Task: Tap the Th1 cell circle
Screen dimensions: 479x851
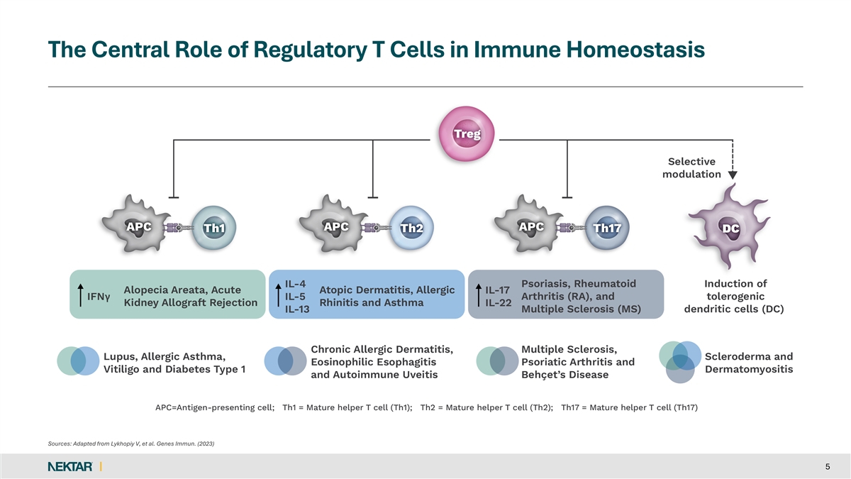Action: point(213,227)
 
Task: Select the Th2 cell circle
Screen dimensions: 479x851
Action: point(411,227)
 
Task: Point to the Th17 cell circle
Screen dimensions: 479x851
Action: point(607,227)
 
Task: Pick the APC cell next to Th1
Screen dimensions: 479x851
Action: point(138,226)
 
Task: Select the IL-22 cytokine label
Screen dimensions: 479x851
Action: point(498,303)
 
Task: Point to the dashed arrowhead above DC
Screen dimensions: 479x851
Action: point(733,175)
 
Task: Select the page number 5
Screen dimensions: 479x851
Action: point(828,466)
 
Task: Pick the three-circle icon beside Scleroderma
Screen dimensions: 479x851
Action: point(679,363)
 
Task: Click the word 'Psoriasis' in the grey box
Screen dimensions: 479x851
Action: point(547,283)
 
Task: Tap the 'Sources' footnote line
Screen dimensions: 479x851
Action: point(130,444)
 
